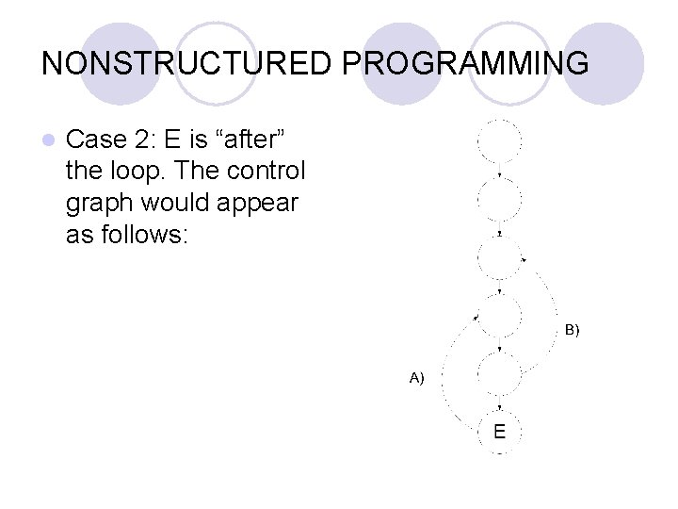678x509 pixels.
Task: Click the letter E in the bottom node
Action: pos(498,432)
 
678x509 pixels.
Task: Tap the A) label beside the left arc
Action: pos(416,378)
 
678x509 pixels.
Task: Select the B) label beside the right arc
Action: pos(572,329)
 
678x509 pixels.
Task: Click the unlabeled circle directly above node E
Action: pos(499,375)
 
